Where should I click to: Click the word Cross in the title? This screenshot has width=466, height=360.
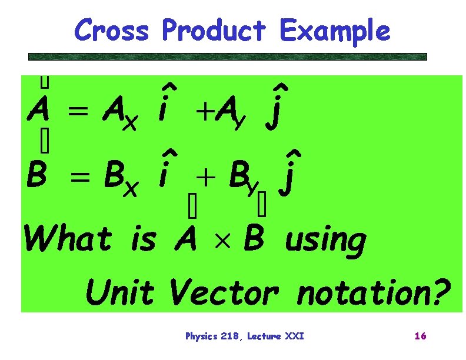(112, 30)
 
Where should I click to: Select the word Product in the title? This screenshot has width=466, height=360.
(215, 30)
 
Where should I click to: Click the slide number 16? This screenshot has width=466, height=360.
(420, 336)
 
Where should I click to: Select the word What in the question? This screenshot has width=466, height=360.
(67, 239)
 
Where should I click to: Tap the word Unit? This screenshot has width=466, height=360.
(121, 292)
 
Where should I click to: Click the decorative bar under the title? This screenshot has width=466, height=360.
(228, 57)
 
